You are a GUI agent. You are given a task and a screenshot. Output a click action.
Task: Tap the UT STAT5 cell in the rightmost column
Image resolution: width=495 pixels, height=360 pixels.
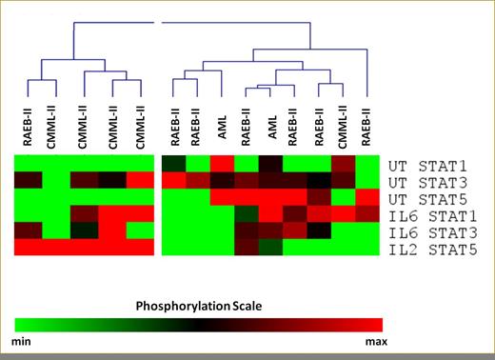coord(369,197)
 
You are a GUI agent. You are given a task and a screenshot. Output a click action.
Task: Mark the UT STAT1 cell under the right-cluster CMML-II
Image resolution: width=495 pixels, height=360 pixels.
coord(344,163)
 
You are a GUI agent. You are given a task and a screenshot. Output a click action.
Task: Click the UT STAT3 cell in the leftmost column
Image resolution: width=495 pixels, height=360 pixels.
coord(28,180)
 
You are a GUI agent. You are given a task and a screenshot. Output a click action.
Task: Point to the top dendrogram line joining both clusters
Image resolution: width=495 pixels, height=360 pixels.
coord(190,24)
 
